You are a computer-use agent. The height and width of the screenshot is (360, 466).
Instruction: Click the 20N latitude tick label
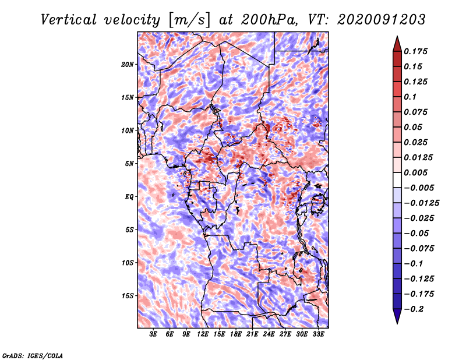(x=128, y=64)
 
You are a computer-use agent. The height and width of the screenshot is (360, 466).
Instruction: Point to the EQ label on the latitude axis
(x=130, y=196)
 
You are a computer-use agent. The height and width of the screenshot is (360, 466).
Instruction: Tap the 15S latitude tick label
(x=128, y=295)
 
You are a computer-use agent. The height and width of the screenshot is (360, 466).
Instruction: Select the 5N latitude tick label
(x=130, y=163)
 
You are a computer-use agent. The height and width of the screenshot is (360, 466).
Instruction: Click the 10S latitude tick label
(x=128, y=263)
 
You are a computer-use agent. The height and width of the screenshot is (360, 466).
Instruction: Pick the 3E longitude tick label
(x=154, y=335)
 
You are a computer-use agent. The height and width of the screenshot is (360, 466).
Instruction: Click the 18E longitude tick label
(x=236, y=335)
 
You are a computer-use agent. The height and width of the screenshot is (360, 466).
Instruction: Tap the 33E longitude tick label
(x=318, y=335)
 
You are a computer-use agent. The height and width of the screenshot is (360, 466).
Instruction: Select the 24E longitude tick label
(x=269, y=335)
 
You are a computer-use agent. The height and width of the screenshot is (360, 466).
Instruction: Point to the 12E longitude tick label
(x=203, y=335)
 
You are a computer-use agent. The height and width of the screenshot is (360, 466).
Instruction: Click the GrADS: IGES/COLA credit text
(x=32, y=355)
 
